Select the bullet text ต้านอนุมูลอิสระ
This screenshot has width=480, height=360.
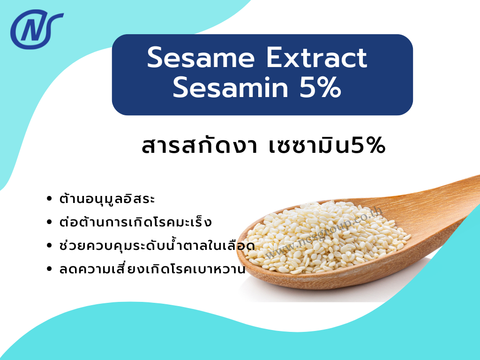click(x=107, y=199)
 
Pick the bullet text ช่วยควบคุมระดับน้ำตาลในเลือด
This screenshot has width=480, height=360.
click(x=157, y=245)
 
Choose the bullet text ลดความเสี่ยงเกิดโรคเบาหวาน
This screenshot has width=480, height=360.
click(x=152, y=270)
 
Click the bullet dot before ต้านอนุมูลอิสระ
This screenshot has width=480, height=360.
click(x=50, y=199)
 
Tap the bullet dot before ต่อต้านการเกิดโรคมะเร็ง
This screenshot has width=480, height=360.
click(x=50, y=222)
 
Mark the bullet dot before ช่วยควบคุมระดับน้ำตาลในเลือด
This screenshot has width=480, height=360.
click(x=50, y=246)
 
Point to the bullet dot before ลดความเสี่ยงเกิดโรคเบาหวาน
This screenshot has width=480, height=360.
click(x=50, y=270)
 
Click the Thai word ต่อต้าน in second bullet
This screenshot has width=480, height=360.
click(x=78, y=222)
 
